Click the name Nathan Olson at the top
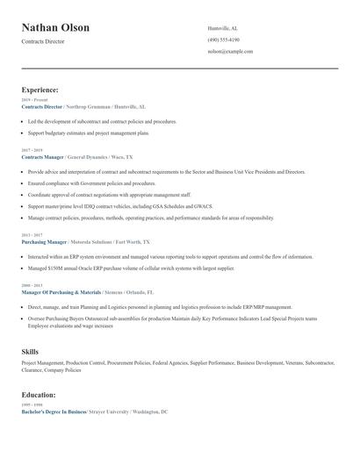(55, 28)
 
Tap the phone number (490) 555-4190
(224, 39)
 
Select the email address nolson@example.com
(230, 52)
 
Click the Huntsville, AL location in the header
(223, 28)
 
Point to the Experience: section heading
(40, 89)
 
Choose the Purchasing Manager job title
(44, 241)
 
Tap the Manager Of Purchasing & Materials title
(55, 291)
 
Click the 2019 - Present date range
(34, 100)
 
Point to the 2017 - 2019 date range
(32, 150)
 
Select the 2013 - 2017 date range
(32, 235)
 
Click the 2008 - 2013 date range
(32, 285)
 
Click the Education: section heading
(40, 395)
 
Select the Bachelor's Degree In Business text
(54, 411)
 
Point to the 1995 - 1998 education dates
(32, 404)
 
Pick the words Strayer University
(111, 411)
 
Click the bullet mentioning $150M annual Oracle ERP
(131, 268)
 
